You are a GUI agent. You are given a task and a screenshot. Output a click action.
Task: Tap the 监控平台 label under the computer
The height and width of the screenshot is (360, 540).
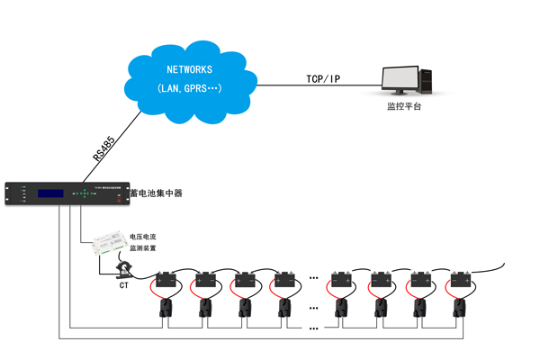tap(403, 107)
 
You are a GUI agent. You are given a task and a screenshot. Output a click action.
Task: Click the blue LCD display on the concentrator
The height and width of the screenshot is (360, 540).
tap(49, 193)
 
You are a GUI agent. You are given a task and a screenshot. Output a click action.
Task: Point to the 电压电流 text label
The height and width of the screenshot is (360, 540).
tap(143, 236)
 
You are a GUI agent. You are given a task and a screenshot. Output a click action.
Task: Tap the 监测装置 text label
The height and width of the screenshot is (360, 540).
tap(143, 247)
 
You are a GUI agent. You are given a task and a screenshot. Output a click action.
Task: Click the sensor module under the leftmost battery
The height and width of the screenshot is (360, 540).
tap(167, 309)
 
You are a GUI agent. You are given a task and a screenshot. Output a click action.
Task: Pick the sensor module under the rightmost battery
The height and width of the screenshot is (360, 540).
tap(464, 309)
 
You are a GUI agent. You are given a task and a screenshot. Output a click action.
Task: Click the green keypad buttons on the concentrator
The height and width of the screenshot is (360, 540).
tap(85, 193)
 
